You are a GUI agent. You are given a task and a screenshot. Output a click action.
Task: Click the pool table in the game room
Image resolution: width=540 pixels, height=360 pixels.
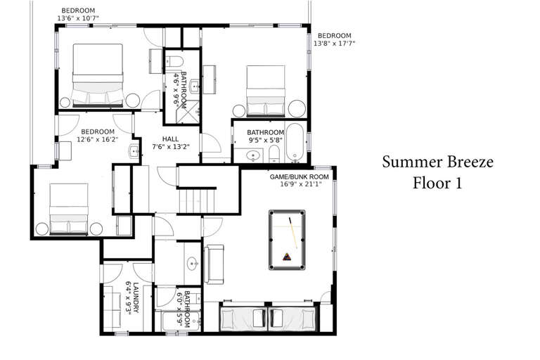pos(287,240)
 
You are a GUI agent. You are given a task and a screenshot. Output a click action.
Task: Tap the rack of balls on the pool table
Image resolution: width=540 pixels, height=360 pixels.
pos(287,257)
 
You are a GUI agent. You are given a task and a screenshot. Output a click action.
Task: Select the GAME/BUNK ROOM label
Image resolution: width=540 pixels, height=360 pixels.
pos(299,176)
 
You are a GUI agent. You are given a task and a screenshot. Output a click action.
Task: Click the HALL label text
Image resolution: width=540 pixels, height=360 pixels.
pos(170,139)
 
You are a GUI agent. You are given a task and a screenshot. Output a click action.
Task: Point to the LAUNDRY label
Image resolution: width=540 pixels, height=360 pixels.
pos(136,297)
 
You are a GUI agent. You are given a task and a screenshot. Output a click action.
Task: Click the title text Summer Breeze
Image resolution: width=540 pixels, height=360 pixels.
pos(437,162)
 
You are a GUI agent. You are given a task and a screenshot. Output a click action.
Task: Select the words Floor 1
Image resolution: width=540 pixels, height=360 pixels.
pos(437,183)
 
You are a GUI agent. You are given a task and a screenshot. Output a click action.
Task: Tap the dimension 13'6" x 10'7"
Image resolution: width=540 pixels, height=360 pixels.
pos(78,18)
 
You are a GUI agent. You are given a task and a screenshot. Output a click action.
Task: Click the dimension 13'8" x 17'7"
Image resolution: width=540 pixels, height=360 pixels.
pos(334,44)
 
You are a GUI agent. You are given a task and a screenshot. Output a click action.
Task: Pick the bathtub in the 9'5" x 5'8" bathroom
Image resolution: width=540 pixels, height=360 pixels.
pos(295,142)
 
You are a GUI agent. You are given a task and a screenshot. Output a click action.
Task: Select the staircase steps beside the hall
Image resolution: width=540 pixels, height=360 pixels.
pos(197,201)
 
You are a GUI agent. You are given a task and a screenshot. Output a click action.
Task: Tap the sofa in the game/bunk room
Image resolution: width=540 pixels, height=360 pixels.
pos(214,264)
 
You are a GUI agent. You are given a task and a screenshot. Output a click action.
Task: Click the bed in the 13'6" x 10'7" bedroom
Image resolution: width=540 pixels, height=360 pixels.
pos(98,75)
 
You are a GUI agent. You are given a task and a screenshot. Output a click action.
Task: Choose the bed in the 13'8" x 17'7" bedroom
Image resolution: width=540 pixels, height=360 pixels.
pos(266,90)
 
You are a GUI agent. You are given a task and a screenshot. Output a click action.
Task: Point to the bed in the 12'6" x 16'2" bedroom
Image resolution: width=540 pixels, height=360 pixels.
pos(69,209)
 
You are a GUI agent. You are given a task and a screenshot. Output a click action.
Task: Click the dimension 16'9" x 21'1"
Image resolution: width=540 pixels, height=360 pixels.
pos(301,184)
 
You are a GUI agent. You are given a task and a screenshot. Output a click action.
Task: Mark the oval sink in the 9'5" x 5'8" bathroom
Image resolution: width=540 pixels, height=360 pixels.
pos(253,155)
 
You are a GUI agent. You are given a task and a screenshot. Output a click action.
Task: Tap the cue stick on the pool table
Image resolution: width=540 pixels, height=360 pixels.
pos(293,233)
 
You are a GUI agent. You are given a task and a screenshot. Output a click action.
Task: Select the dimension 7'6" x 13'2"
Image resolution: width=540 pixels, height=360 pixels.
pos(171,147)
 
